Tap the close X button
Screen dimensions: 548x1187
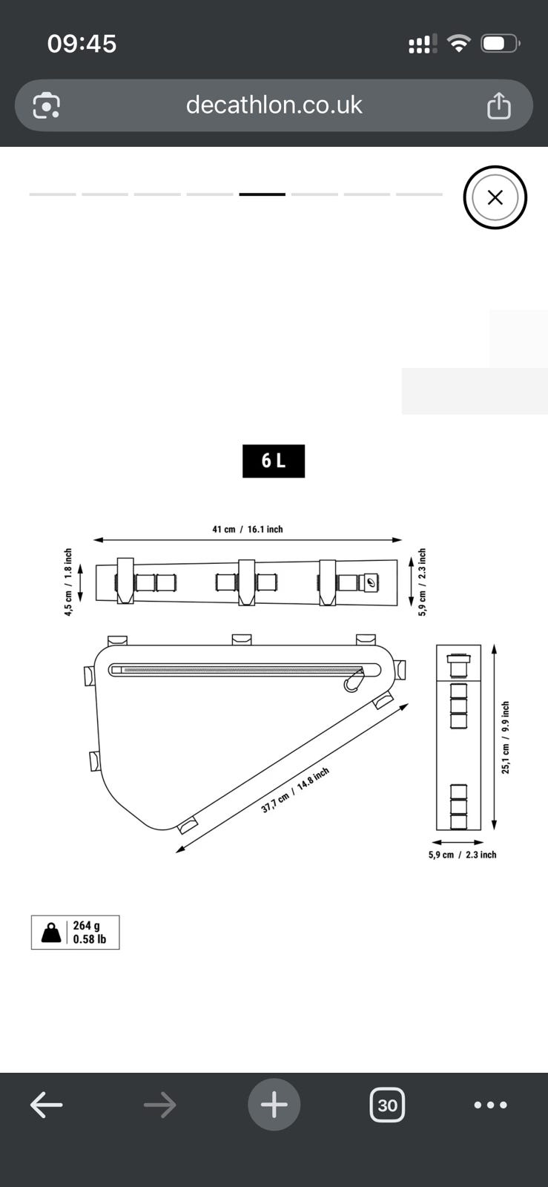coord(495,197)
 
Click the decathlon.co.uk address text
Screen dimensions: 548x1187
coord(274,105)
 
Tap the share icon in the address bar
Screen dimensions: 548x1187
coord(499,105)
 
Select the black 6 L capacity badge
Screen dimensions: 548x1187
coord(274,461)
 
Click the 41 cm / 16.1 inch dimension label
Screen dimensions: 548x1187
coord(248,530)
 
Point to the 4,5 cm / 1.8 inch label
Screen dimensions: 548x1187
coord(68,582)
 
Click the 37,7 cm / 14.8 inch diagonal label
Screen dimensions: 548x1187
coord(295,789)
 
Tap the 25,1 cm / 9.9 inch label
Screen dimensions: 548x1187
coord(506,737)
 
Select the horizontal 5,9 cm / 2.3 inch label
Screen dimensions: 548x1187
coord(462,855)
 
